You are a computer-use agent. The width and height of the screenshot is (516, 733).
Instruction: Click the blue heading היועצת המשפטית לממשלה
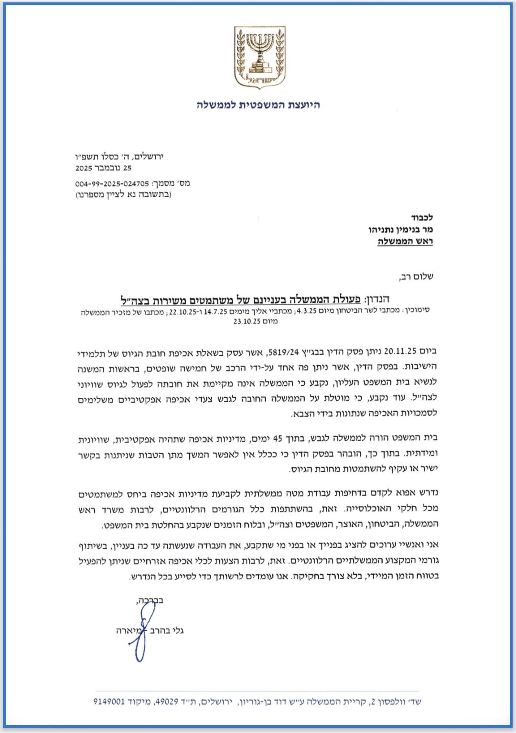[x=258, y=105]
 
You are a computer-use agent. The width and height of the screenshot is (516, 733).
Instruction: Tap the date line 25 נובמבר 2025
[x=103, y=168]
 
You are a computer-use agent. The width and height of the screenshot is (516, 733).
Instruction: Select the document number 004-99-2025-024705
[x=113, y=183]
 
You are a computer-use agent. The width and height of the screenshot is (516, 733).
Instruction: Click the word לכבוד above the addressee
[x=422, y=218]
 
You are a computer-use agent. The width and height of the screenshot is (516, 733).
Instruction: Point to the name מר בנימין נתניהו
[x=400, y=230]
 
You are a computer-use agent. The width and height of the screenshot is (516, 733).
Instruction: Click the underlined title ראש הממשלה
[x=405, y=242]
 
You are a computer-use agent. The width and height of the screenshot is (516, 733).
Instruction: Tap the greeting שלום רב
[x=417, y=276]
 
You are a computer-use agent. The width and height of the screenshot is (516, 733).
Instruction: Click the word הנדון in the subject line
[x=377, y=299]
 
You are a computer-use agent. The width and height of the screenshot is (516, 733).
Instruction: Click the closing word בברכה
[x=150, y=600]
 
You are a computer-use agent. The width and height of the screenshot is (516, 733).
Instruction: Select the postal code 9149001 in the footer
[x=109, y=701]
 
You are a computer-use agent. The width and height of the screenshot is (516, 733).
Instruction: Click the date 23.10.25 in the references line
[x=247, y=321]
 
